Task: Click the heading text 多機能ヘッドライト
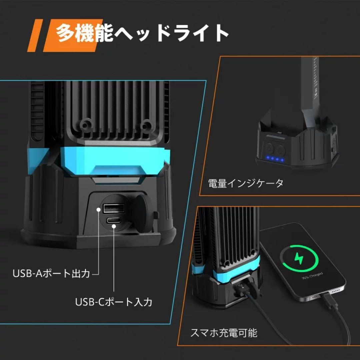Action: (x=142, y=33)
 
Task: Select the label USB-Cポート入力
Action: (x=114, y=302)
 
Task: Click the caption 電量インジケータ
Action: (x=246, y=183)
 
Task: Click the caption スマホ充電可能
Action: (x=224, y=333)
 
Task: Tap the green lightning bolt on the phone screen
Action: (x=297, y=258)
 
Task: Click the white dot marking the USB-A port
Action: (x=99, y=209)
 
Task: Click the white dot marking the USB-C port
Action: (x=114, y=227)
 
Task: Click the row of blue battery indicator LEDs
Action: (x=274, y=159)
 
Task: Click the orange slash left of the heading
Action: (x=35, y=35)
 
